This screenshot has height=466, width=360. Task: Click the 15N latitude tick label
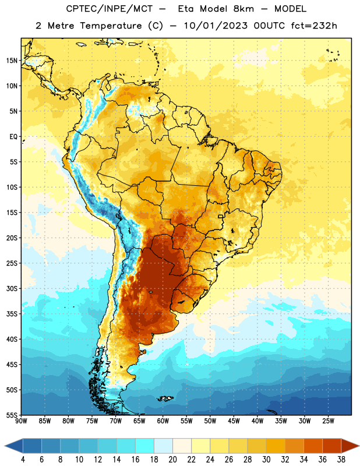pyautogui.click(x=12, y=61)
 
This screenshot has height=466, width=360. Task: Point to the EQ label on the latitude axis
pyautogui.click(x=13, y=137)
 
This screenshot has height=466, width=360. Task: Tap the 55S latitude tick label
pyautogui.click(x=12, y=415)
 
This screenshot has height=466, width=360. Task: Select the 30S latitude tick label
pyautogui.click(x=12, y=288)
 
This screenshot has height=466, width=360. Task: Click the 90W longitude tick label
pyautogui.click(x=21, y=421)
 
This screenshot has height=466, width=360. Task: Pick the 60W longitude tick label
pyautogui.click(x=163, y=421)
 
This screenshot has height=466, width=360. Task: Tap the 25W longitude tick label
pyautogui.click(x=328, y=421)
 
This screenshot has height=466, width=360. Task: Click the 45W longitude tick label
pyautogui.click(x=234, y=421)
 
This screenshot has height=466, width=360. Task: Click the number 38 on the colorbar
pyautogui.click(x=341, y=460)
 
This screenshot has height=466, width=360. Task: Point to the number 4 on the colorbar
pyautogui.click(x=23, y=460)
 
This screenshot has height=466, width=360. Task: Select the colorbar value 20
pyautogui.click(x=172, y=460)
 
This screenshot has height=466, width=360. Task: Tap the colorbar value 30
pyautogui.click(x=266, y=460)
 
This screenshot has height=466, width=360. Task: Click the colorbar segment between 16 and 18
pyautogui.click(x=145, y=446)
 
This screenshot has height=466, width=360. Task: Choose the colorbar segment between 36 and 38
pyautogui.click(x=332, y=446)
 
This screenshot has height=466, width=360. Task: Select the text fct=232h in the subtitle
pyautogui.click(x=314, y=26)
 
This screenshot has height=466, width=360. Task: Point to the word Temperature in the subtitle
pyautogui.click(x=111, y=26)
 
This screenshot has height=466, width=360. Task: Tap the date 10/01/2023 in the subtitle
pyautogui.click(x=216, y=26)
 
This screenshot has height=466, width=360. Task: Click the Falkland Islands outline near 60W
pyautogui.click(x=165, y=398)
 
